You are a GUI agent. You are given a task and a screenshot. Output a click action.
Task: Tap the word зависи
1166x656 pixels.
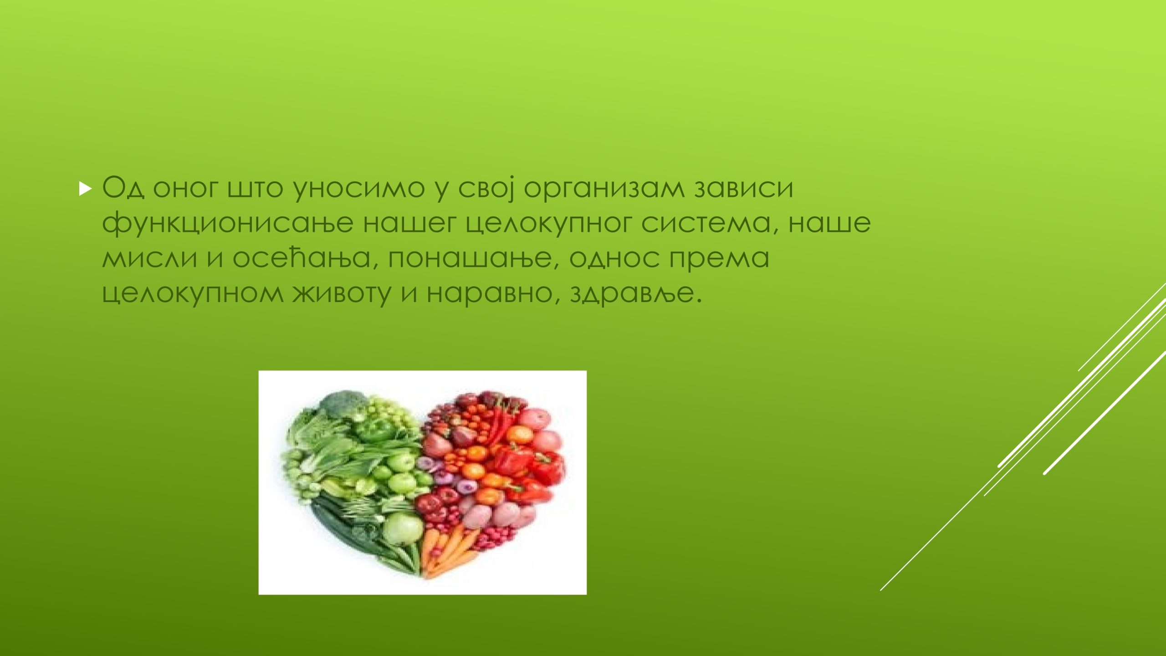pyautogui.click(x=744, y=188)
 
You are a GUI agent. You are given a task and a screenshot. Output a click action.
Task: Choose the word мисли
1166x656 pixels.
pyautogui.click(x=149, y=258)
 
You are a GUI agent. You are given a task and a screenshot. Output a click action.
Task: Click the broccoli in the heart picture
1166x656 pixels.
pyautogui.click(x=343, y=401)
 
